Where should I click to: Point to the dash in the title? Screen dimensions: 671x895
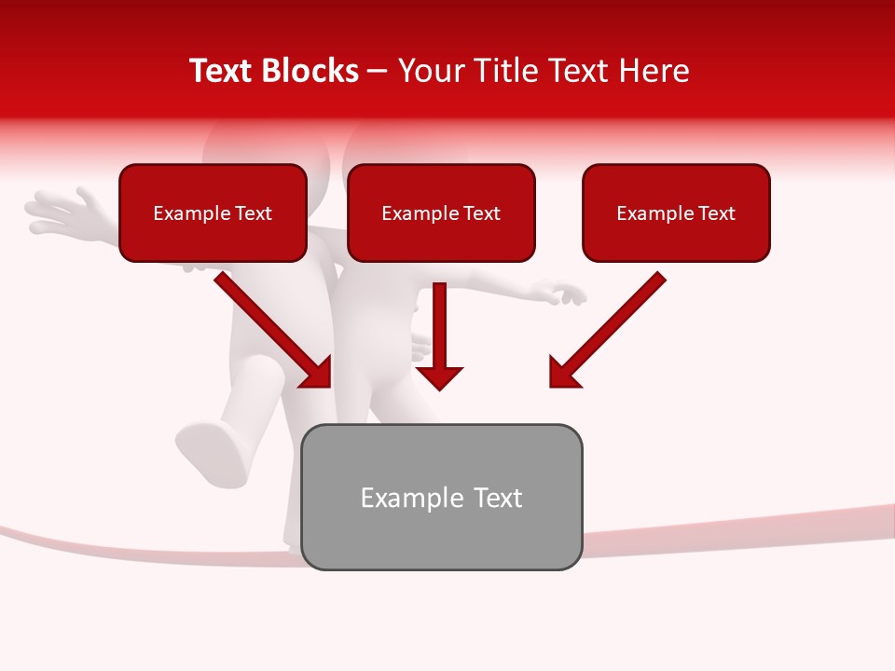point(378,72)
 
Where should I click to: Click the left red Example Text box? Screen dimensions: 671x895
point(213,212)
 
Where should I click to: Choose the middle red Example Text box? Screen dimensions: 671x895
point(441,212)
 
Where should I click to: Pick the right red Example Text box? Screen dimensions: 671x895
point(676,212)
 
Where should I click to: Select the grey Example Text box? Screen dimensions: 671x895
point(442,497)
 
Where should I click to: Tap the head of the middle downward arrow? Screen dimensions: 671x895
point(439,377)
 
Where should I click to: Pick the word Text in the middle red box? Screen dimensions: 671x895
point(481,213)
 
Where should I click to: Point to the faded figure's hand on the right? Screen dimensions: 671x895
point(565,294)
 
